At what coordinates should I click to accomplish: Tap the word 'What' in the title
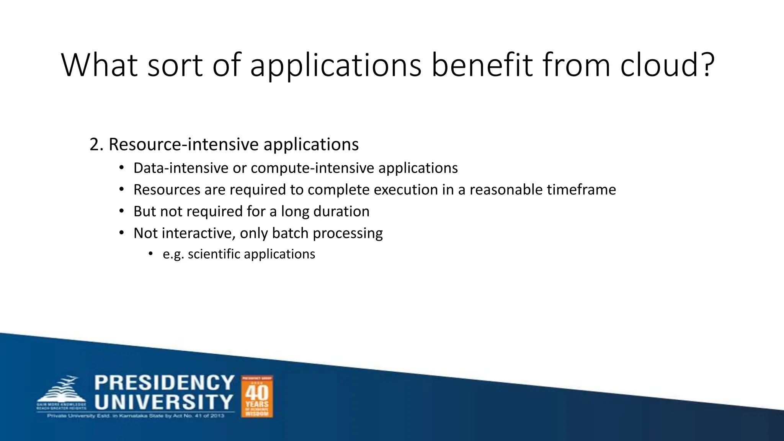coord(99,65)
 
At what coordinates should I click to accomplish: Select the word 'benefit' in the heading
coord(482,65)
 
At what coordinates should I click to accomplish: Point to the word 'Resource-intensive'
coord(184,144)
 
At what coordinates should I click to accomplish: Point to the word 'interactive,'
coord(199,233)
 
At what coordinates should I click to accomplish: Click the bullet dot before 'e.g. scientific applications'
coord(151,254)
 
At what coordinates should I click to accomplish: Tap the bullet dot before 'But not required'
coord(121,211)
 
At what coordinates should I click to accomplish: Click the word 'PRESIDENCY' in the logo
coord(164,383)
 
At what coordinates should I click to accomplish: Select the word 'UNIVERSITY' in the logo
coord(163,402)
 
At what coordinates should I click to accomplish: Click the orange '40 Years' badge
coord(257,396)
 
